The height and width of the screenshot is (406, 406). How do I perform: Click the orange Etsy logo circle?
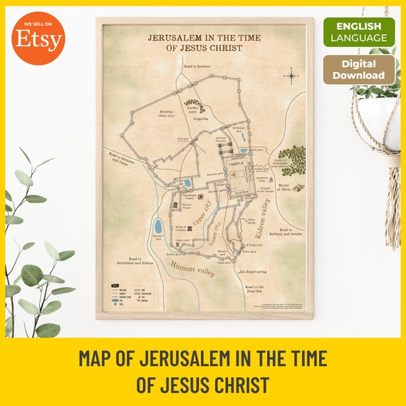(38, 38)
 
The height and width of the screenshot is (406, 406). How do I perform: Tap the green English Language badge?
(359, 32)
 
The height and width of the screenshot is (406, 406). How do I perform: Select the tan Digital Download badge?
(359, 70)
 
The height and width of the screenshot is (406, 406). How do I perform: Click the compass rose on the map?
(291, 74)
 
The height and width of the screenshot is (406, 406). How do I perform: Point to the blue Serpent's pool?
(157, 227)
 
